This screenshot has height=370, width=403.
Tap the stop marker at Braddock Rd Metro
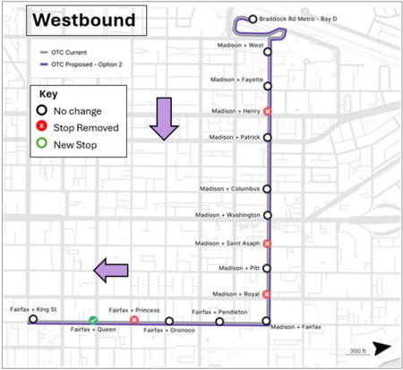(253, 19)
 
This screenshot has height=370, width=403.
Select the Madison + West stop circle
(267, 52)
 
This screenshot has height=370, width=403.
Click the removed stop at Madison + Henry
(267, 111)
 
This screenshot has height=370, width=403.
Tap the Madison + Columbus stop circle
(267, 189)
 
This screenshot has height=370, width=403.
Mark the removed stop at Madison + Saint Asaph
(267, 243)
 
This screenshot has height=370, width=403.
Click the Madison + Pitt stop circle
(267, 268)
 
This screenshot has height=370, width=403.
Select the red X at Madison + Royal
(267, 294)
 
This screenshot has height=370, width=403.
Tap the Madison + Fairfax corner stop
(266, 321)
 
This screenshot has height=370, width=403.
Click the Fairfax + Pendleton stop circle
(219, 322)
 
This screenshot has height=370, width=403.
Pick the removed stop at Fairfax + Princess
(134, 320)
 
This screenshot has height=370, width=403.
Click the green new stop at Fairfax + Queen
(93, 320)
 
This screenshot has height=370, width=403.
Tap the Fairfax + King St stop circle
(33, 319)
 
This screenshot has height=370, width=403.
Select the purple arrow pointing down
(164, 119)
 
